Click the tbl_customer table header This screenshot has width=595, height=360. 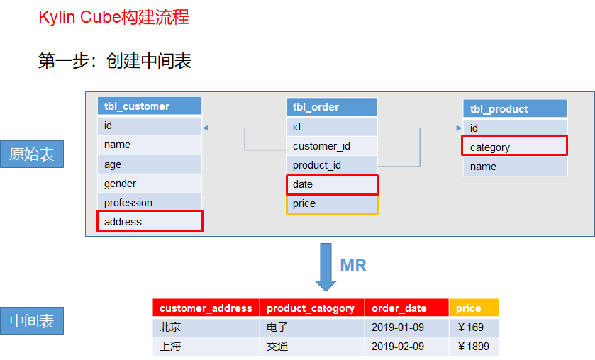tap(150, 106)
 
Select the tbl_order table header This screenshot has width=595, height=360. tap(332, 107)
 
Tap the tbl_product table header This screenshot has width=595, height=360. tap(515, 108)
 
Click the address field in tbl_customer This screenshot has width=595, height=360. tap(150, 222)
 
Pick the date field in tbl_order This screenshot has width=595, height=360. tap(332, 184)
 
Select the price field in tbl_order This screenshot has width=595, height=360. tap(332, 204)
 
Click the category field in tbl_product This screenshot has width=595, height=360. tap(515, 147)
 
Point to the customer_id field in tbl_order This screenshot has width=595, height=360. tap(332, 146)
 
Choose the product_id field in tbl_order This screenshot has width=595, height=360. tap(332, 165)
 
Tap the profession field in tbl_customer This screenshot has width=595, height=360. tap(150, 203)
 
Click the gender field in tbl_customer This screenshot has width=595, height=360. tap(150, 184)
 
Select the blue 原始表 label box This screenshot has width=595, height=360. tap(32, 154)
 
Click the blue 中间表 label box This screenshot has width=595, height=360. tap(32, 321)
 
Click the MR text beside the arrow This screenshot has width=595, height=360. tap(353, 266)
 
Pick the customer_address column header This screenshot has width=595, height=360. tap(206, 308)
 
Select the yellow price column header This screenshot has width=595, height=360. tap(474, 308)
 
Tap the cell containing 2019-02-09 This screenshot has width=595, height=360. tap(406, 347)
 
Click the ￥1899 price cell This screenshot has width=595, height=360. tap(474, 347)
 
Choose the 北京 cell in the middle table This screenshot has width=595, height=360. tap(206, 327)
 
